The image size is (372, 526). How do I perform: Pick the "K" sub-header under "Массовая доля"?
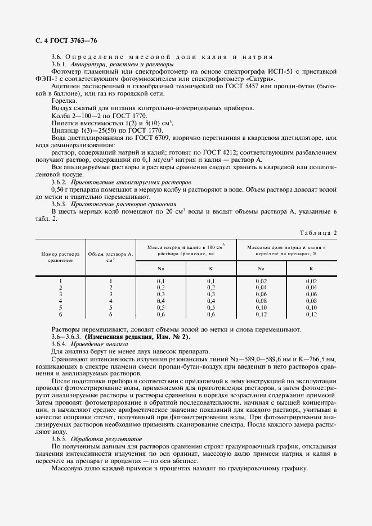pos(311,269)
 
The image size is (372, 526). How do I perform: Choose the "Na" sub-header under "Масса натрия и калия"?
pos(160,269)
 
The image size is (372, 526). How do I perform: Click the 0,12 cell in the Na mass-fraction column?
pos(261,315)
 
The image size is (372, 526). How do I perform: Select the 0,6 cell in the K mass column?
pos(211,315)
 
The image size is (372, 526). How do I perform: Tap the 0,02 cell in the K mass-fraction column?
pos(311,281)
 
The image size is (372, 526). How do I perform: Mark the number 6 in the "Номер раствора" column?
pos(60,315)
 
